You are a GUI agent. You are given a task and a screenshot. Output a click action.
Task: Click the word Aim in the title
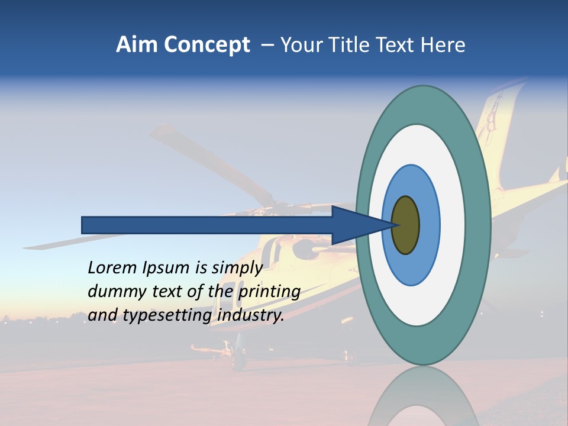point(135,45)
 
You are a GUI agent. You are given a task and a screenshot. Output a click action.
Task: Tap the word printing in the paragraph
point(269,292)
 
